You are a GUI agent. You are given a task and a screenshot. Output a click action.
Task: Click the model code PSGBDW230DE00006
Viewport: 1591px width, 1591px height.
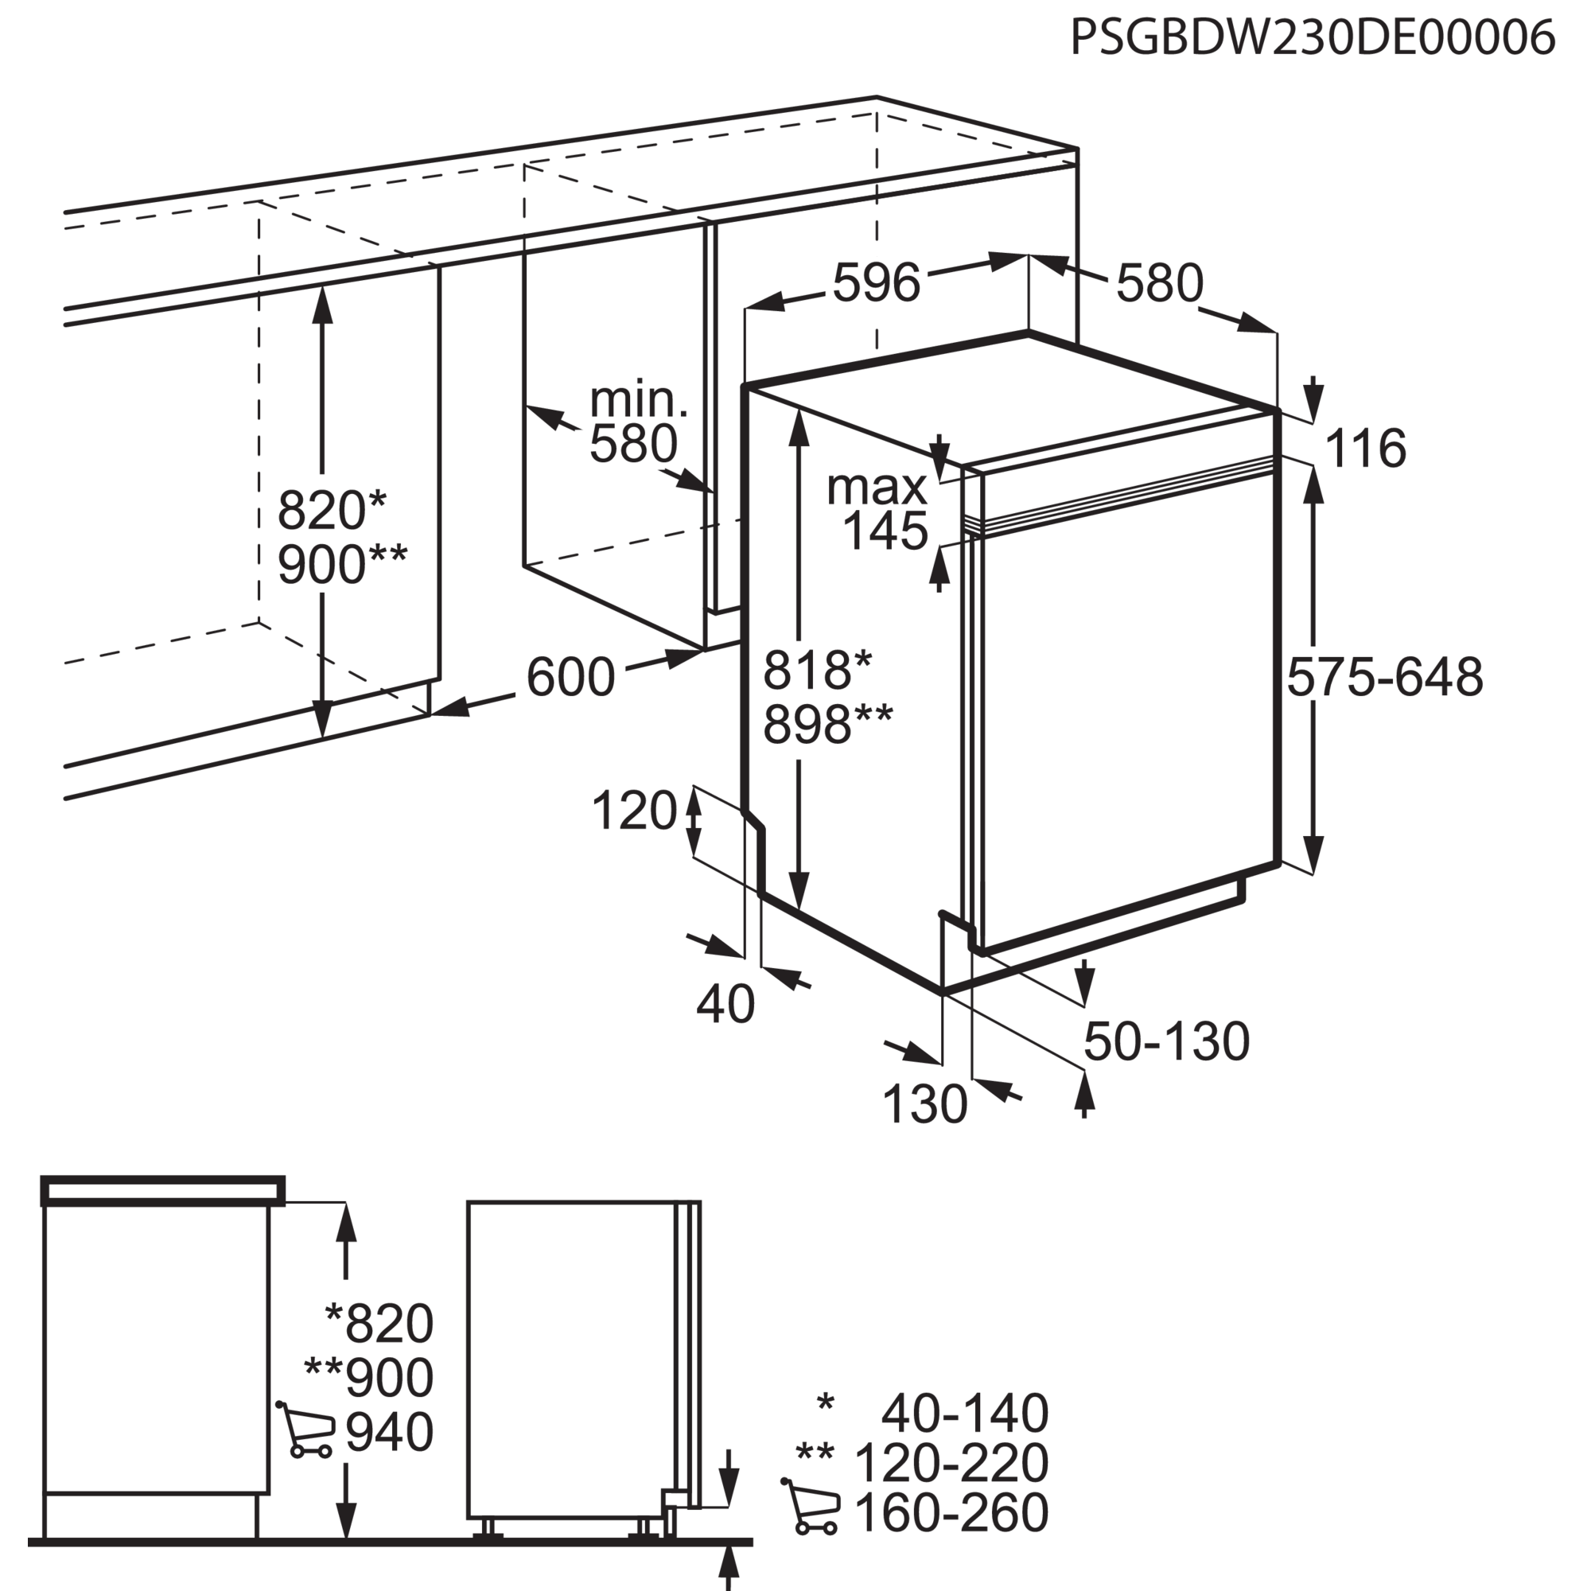(1313, 37)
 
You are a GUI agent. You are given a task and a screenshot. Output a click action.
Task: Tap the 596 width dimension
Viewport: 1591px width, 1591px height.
(876, 283)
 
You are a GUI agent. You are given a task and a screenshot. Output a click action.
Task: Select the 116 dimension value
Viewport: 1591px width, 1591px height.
(1366, 449)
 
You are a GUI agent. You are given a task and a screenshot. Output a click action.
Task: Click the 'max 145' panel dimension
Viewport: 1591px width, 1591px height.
(877, 510)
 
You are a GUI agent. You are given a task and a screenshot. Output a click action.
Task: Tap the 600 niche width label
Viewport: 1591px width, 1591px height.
(570, 677)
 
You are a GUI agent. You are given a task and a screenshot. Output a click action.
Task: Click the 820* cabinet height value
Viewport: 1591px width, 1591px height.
(331, 511)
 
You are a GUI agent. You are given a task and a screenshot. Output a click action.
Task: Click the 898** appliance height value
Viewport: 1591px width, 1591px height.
(827, 725)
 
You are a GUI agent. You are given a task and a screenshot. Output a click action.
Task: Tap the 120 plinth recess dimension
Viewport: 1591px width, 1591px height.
(634, 811)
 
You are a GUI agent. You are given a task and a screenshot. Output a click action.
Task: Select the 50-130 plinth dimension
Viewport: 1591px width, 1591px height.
(1166, 1042)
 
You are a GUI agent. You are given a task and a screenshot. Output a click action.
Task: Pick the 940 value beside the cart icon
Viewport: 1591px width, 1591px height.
(390, 1432)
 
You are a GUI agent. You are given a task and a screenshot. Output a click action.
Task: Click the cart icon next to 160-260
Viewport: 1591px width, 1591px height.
(811, 1506)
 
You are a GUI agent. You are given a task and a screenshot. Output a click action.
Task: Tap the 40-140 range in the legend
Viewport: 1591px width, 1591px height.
(965, 1414)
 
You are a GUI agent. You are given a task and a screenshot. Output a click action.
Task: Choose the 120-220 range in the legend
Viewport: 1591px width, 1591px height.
(952, 1464)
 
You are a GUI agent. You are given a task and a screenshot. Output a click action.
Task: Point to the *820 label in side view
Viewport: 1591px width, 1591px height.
(379, 1323)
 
